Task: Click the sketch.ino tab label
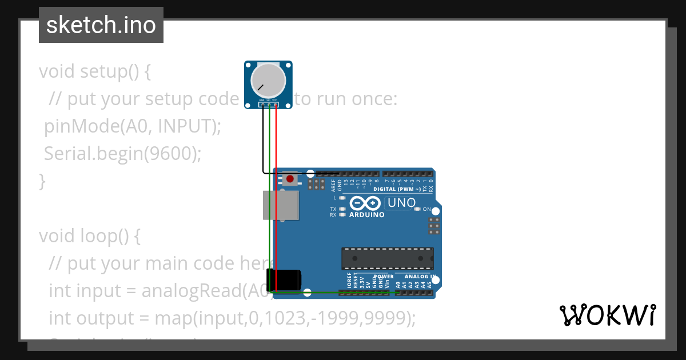pos(101,25)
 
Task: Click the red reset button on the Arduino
pos(290,179)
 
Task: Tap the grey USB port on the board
pos(281,205)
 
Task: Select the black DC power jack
pos(288,280)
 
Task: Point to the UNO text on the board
pos(401,203)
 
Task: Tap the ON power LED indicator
pos(418,210)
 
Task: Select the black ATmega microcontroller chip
pos(387,258)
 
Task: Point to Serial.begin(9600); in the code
pos(123,154)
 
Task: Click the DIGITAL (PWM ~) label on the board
pos(397,189)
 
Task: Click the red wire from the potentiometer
pos(276,189)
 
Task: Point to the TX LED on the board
pos(342,210)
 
